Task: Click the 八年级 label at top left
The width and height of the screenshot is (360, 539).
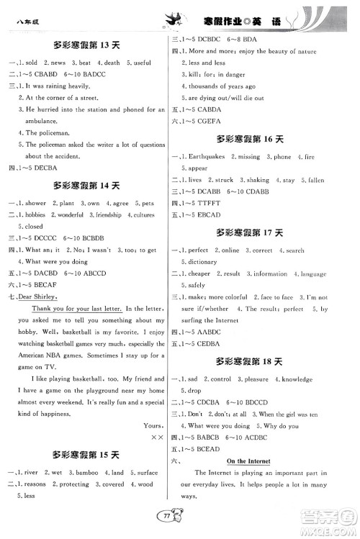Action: [x=27, y=23]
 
